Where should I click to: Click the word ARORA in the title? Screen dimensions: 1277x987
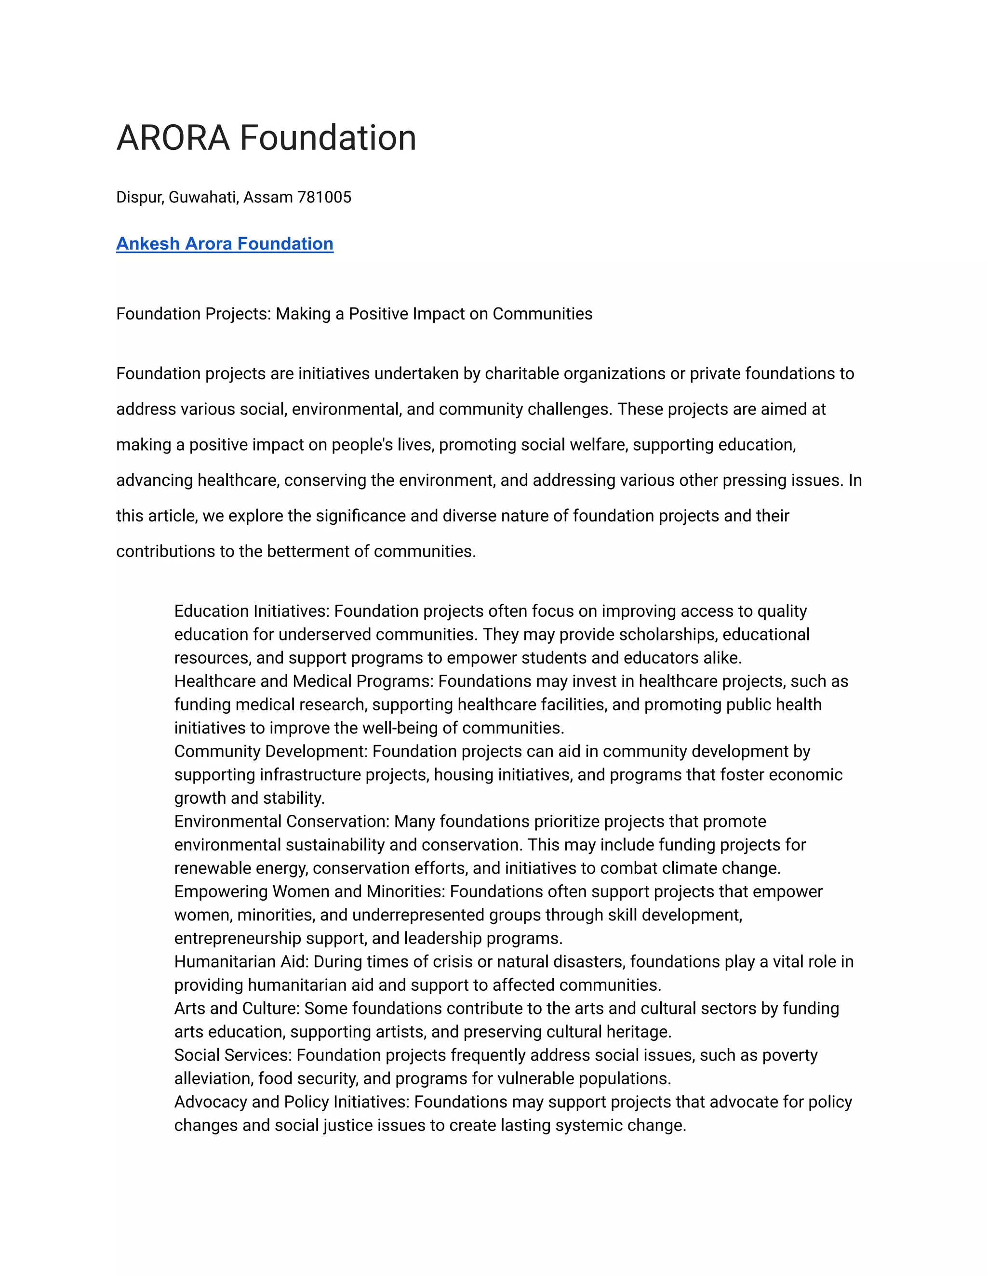click(x=173, y=139)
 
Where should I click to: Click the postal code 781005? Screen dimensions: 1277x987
click(x=324, y=198)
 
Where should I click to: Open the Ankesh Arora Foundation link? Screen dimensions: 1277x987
click(x=225, y=244)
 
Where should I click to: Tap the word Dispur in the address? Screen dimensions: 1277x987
click(x=140, y=198)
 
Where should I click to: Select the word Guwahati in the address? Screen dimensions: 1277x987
click(x=203, y=198)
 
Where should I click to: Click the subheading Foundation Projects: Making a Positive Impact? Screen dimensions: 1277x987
click(x=354, y=314)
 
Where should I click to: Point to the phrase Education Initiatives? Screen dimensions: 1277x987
click(x=252, y=612)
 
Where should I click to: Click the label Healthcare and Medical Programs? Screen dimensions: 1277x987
click(x=304, y=682)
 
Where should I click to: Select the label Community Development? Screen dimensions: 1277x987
click(x=270, y=752)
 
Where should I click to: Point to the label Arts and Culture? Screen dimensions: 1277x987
click(x=237, y=1009)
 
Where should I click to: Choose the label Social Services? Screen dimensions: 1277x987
click(x=232, y=1056)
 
